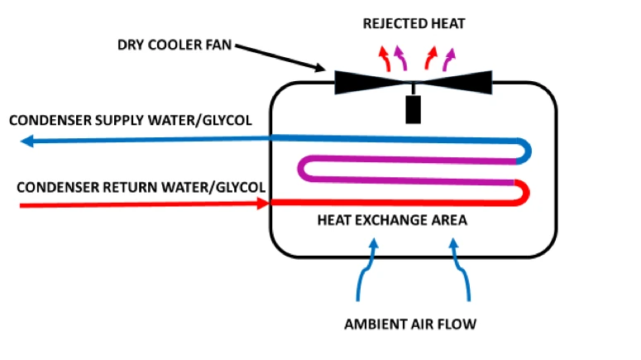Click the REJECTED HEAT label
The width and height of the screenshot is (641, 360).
(414, 24)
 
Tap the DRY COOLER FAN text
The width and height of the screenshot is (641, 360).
(175, 45)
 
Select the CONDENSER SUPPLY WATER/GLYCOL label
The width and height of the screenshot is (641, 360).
(131, 120)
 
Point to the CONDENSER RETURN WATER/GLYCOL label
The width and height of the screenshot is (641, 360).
(141, 187)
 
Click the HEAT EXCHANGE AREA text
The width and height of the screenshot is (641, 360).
(392, 220)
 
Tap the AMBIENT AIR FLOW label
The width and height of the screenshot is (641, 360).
(410, 324)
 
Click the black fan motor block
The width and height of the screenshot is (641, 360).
(414, 109)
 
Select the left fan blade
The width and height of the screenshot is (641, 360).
(370, 82)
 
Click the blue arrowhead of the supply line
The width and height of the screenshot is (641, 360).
(27, 142)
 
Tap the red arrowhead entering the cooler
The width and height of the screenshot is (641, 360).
(263, 203)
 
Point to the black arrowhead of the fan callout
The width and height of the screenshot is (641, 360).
(321, 68)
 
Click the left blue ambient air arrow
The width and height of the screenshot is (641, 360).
(367, 269)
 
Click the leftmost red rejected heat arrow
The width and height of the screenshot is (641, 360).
(385, 58)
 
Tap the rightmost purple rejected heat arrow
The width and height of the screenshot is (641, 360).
(449, 60)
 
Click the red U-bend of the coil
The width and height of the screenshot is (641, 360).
(526, 193)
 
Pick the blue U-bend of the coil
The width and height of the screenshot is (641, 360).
(528, 151)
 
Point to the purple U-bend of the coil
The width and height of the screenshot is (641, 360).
(302, 168)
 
